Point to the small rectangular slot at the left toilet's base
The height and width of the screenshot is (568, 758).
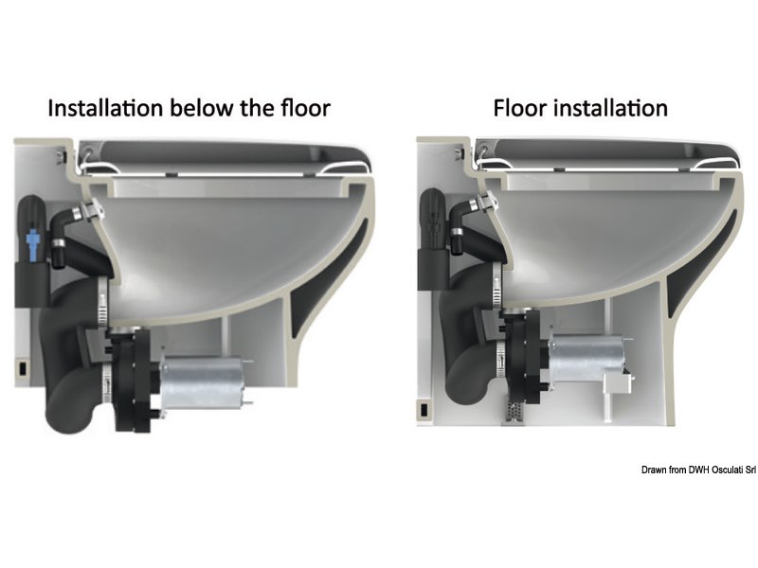pyautogui.click(x=21, y=363)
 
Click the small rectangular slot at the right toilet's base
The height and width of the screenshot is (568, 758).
pyautogui.click(x=423, y=408)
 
